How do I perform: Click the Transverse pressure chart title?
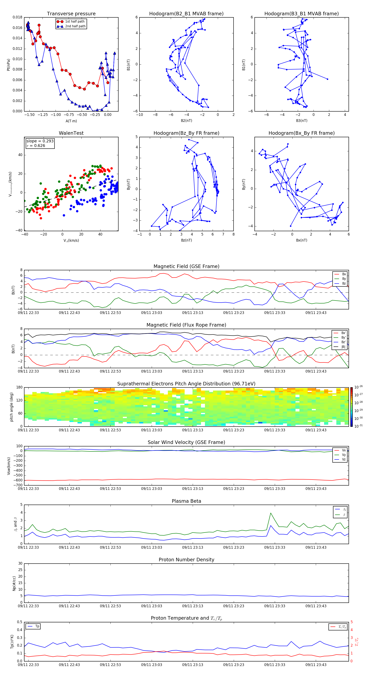tap(71, 14)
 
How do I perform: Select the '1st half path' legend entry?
tap(75, 22)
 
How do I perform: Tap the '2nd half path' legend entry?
tap(75, 26)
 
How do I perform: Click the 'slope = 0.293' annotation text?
tap(40, 141)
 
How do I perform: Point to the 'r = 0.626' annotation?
tap(36, 145)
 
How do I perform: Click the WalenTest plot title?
tap(71, 133)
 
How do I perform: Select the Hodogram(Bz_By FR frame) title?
tap(186, 133)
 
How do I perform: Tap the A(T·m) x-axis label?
tap(71, 121)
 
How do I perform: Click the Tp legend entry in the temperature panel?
tap(37, 626)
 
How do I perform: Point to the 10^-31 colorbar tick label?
tap(358, 426)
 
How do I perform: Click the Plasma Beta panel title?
tap(186, 501)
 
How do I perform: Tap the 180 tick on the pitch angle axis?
tap(19, 387)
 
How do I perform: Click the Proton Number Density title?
tap(186, 560)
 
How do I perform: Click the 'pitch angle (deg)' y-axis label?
tap(11, 407)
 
